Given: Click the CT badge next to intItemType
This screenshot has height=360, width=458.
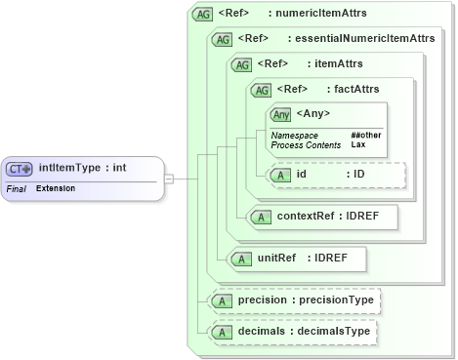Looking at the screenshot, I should pyautogui.click(x=21, y=168).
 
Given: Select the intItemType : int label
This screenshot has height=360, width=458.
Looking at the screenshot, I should pyautogui.click(x=82, y=168).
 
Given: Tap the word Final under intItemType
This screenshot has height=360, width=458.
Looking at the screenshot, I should pyautogui.click(x=16, y=187).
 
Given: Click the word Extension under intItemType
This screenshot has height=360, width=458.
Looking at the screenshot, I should pyautogui.click(x=55, y=187).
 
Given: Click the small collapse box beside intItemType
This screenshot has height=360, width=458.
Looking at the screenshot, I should pyautogui.click(x=169, y=179).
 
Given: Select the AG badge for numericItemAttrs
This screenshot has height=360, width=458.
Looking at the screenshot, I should pyautogui.click(x=202, y=15).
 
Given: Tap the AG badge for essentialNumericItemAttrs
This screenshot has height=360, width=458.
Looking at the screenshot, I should pyautogui.click(x=222, y=39).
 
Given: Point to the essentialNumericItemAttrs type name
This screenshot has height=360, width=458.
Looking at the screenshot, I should pyautogui.click(x=365, y=39).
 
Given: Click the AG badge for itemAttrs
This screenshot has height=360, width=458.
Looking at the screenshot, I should pyautogui.click(x=241, y=64).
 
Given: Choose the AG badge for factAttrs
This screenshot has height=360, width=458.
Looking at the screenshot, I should pyautogui.click(x=261, y=90).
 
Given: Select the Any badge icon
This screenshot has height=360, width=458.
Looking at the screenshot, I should pyautogui.click(x=281, y=115).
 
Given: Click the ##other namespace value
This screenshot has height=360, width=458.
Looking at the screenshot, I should pyautogui.click(x=365, y=135).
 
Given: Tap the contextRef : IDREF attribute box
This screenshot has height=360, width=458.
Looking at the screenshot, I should pyautogui.click(x=322, y=217).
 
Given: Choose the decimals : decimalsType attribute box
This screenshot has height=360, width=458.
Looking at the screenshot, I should pyautogui.click(x=294, y=333).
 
